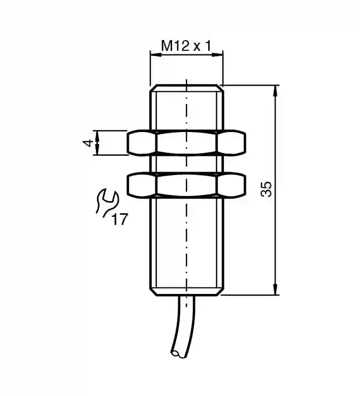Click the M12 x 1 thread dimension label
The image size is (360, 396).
click(x=186, y=46)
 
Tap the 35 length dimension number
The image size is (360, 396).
click(x=266, y=189)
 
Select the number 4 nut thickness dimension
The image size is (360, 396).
click(x=88, y=143)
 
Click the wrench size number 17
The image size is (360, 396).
click(x=119, y=219)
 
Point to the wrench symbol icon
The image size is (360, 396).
click(x=107, y=203)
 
